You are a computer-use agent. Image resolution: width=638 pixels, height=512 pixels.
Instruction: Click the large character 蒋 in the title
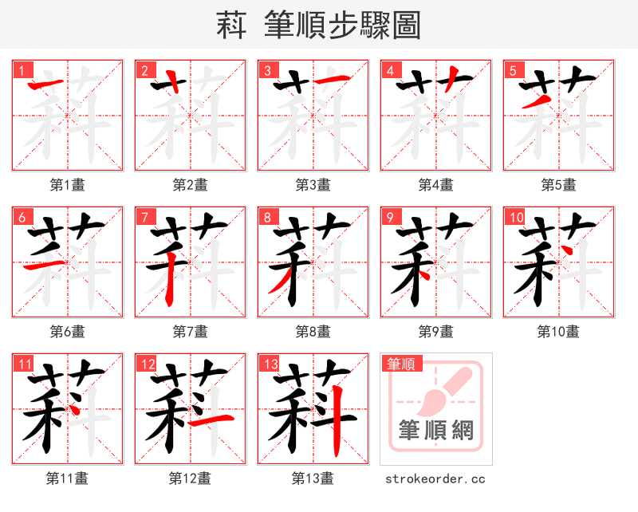231,26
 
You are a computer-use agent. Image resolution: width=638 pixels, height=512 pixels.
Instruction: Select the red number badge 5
513,70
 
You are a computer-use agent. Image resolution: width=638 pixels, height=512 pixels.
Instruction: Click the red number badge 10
515,217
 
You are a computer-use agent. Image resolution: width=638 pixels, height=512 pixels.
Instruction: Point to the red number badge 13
270,364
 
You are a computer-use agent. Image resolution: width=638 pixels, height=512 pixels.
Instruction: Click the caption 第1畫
68,185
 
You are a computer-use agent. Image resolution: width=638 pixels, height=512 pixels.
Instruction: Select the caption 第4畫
436,185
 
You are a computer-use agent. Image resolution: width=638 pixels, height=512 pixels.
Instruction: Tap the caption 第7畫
191,332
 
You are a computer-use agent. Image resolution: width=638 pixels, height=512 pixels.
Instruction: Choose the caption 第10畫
558,332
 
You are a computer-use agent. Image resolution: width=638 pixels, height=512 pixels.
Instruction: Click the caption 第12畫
190,479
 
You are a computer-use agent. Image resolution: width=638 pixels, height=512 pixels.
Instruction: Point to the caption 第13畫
313,479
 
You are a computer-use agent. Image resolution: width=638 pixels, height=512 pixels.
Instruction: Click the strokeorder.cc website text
435,479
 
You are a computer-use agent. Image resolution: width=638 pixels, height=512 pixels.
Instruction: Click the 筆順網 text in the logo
436,431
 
